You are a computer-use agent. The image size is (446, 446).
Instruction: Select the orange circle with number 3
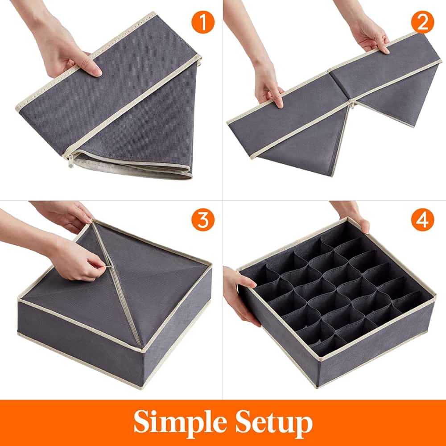pyautogui.click(x=203, y=220)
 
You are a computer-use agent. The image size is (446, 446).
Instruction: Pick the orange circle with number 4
pyautogui.click(x=422, y=220)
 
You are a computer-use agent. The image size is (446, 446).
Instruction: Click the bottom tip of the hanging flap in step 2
pyautogui.click(x=332, y=175)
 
